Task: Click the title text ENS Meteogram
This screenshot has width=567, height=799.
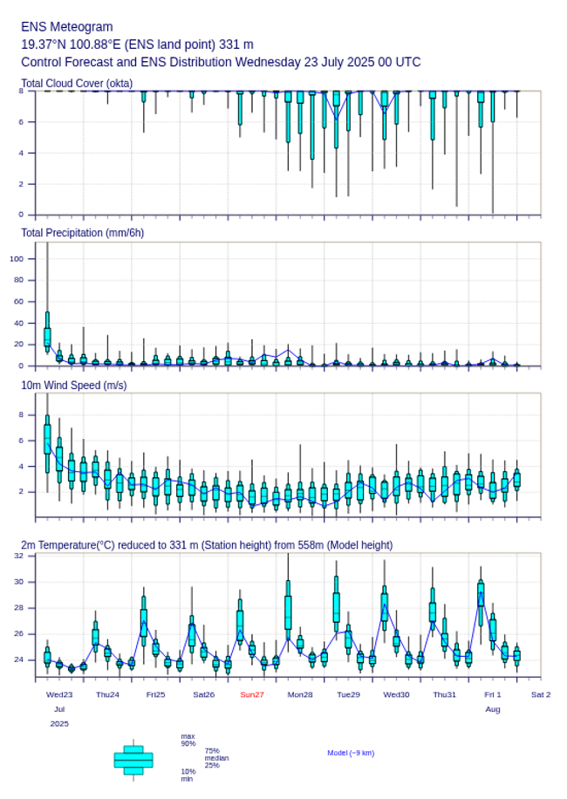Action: point(67,27)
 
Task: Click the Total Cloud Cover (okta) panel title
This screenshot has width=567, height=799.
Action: point(77,83)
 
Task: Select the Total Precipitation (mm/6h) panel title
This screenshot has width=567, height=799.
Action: point(83,232)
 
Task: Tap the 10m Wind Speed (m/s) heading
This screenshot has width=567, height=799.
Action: point(74,385)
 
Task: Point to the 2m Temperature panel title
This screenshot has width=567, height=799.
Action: point(207,545)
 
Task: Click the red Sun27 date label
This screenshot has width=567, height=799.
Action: point(252,694)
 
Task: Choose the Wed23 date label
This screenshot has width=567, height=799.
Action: point(59,694)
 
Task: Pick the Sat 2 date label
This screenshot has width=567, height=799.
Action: point(541,694)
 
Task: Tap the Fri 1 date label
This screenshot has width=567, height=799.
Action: point(493,694)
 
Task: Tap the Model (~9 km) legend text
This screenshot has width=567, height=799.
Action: point(351,752)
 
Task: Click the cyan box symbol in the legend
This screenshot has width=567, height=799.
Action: point(133,760)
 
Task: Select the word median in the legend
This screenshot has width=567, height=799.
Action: point(216,757)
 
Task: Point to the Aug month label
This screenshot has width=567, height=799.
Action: point(493,709)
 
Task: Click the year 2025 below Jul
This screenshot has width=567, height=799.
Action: point(59,723)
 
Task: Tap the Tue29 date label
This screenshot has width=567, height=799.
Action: point(348,694)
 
